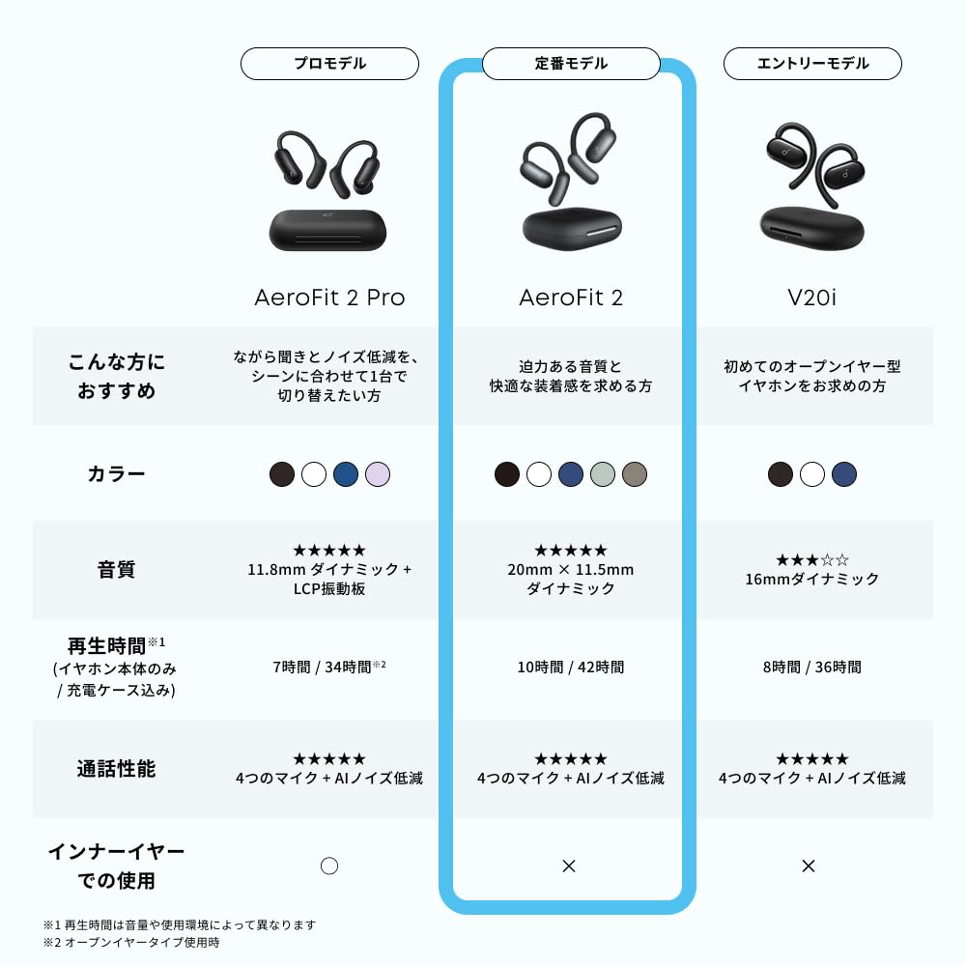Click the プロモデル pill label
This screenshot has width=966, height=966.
pos(329,64)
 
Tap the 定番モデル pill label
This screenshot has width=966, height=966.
pos(571,64)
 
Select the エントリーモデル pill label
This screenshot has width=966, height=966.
pos(812,64)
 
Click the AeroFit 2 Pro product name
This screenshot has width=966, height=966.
pos(329,298)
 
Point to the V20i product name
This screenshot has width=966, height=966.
pos(812,298)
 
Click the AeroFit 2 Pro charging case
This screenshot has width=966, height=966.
pos(327,231)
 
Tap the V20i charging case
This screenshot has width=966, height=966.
pos(812,228)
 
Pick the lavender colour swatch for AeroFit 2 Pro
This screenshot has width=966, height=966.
pos(378,474)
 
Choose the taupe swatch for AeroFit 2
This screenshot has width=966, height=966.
pos(635,474)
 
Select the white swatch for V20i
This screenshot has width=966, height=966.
pos(812,474)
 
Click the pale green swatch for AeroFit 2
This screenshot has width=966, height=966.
pos(603,474)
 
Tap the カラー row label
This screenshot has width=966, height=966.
pos(117,473)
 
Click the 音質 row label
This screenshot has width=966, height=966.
pos(117,569)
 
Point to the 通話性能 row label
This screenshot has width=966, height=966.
pos(117,769)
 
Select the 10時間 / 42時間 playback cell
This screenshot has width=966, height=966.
pos(571,668)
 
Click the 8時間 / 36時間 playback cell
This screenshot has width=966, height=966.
pos(812,668)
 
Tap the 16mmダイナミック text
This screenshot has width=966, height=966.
pos(812,579)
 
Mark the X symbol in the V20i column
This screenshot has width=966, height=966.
pos(809,867)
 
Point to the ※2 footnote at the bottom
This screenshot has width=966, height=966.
pos(131,943)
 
